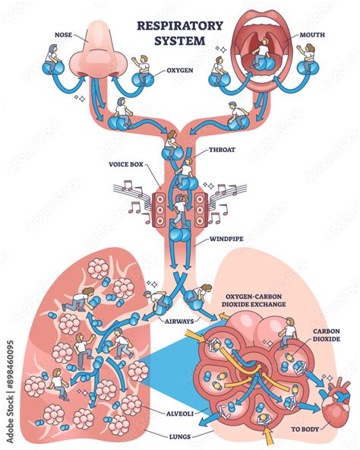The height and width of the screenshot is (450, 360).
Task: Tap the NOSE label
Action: pos(64,34)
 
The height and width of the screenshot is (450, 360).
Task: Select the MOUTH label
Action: pos(311,34)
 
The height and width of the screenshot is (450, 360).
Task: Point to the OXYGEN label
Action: pos(180,71)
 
